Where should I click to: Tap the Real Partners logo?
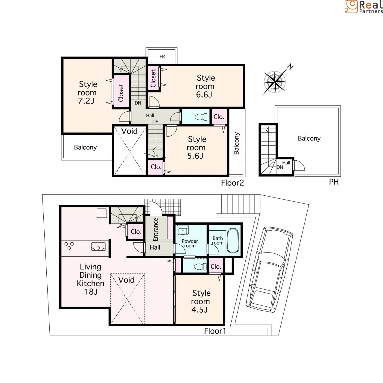[364, 7]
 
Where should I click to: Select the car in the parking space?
[269, 270]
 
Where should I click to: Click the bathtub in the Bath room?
[232, 241]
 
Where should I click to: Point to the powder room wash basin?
[183, 230]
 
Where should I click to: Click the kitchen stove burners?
[69, 246]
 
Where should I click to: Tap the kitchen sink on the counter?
[98, 247]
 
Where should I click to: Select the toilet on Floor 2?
[201, 117]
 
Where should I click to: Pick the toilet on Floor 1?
[200, 267]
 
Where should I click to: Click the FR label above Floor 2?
[162, 57]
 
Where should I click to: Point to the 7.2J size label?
[86, 101]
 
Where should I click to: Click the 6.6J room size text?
[204, 95]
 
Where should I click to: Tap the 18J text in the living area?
[91, 292]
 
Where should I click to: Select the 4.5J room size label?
[200, 310]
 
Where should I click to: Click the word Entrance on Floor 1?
[156, 230]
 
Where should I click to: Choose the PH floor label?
[334, 182]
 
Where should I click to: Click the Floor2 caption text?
[232, 183]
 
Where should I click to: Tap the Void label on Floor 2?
[129, 131]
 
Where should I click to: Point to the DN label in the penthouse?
[280, 167]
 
